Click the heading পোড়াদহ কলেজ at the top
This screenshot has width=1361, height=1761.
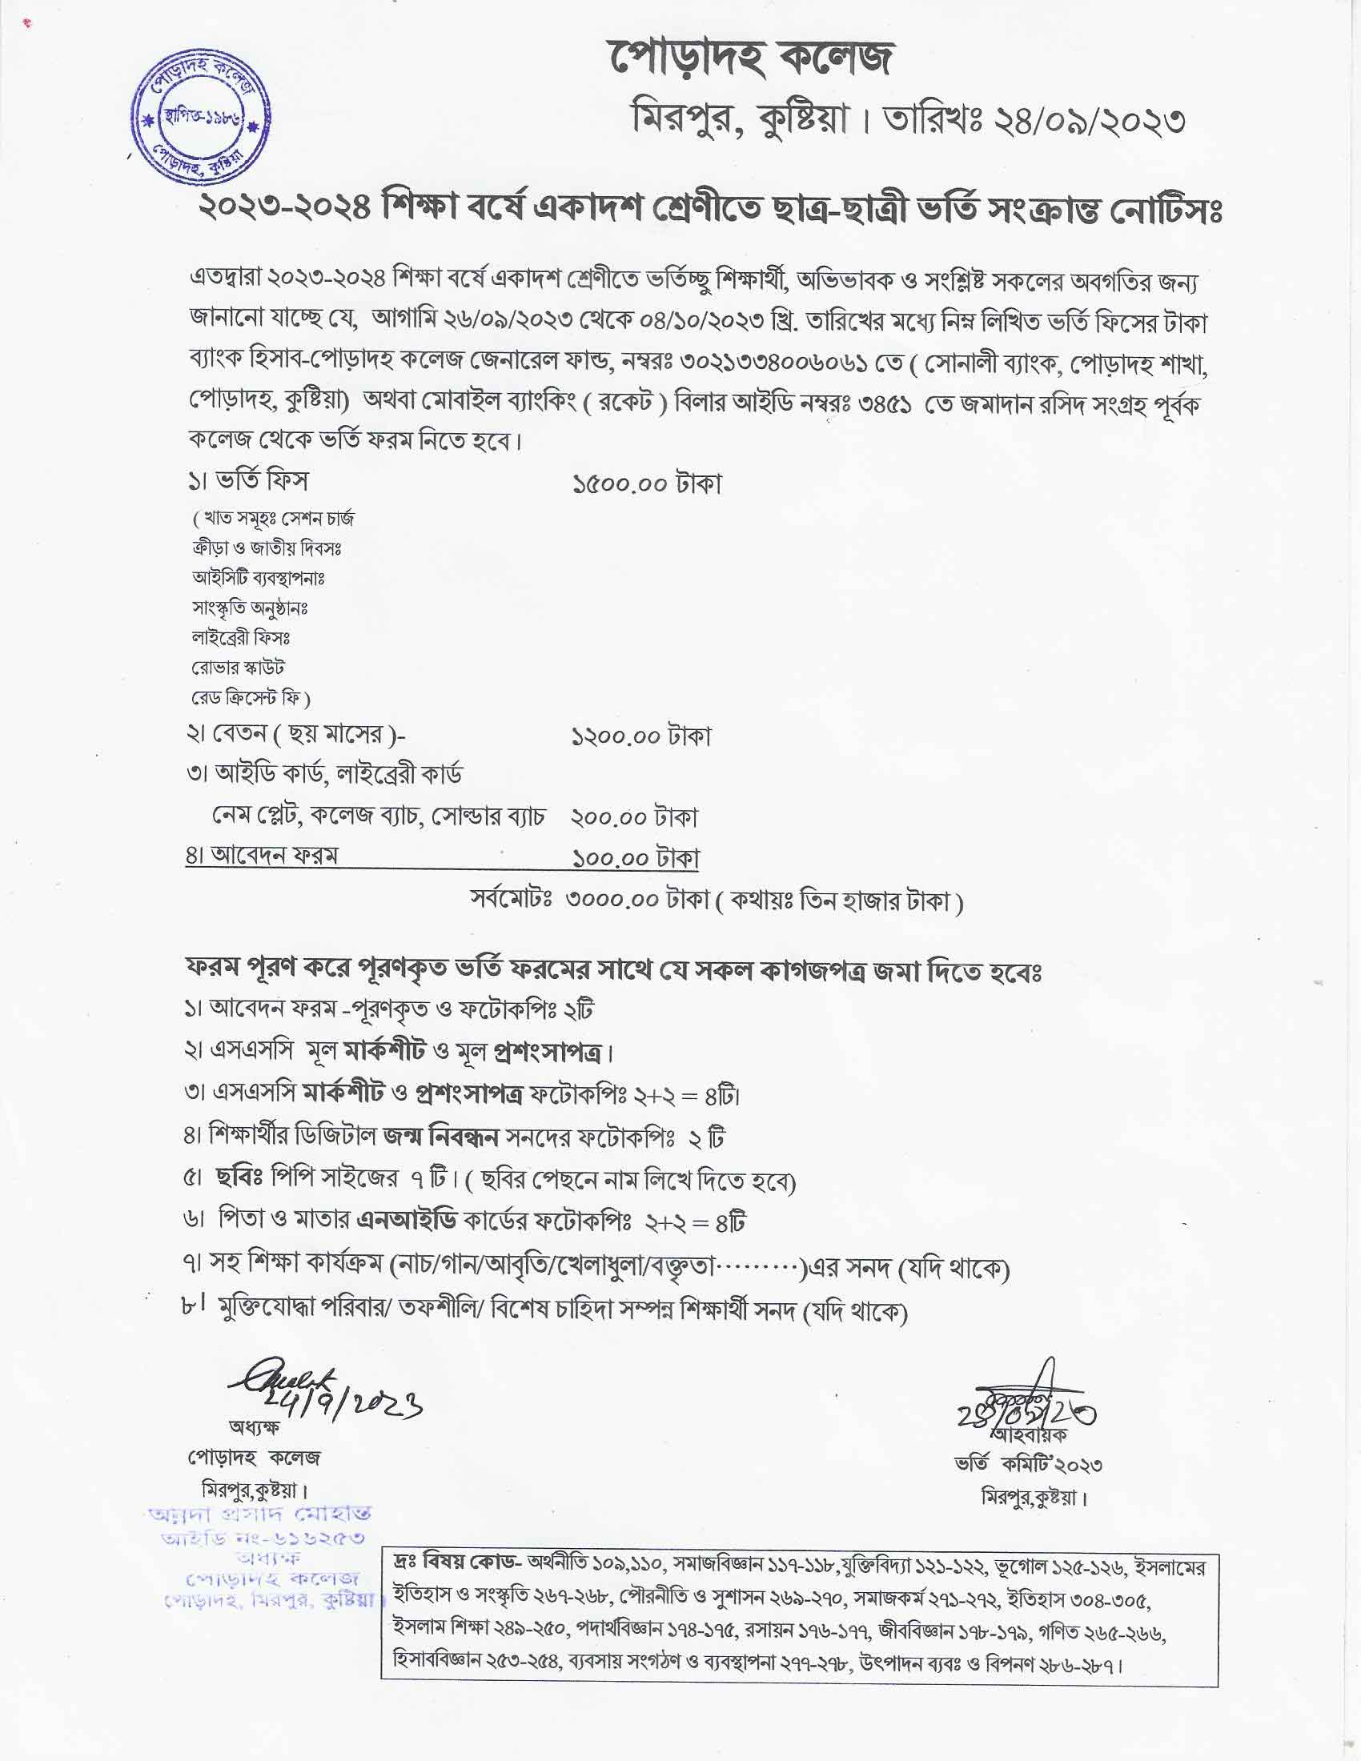pyautogui.click(x=751, y=58)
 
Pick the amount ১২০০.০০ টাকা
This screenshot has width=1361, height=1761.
pyautogui.click(x=641, y=737)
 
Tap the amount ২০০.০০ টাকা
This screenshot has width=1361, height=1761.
pyautogui.click(x=634, y=817)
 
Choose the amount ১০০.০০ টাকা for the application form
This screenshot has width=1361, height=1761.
pyautogui.click(x=636, y=858)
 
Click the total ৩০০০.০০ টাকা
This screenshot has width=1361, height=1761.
pyautogui.click(x=638, y=900)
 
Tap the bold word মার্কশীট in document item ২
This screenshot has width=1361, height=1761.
pyautogui.click(x=384, y=1053)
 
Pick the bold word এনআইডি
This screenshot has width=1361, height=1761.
pyautogui.click(x=407, y=1222)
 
